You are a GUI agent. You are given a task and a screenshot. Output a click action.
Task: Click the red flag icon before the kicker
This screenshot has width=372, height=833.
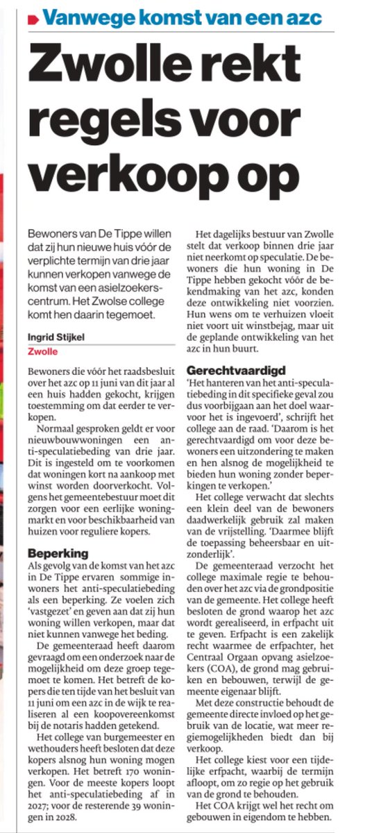click(31, 19)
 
